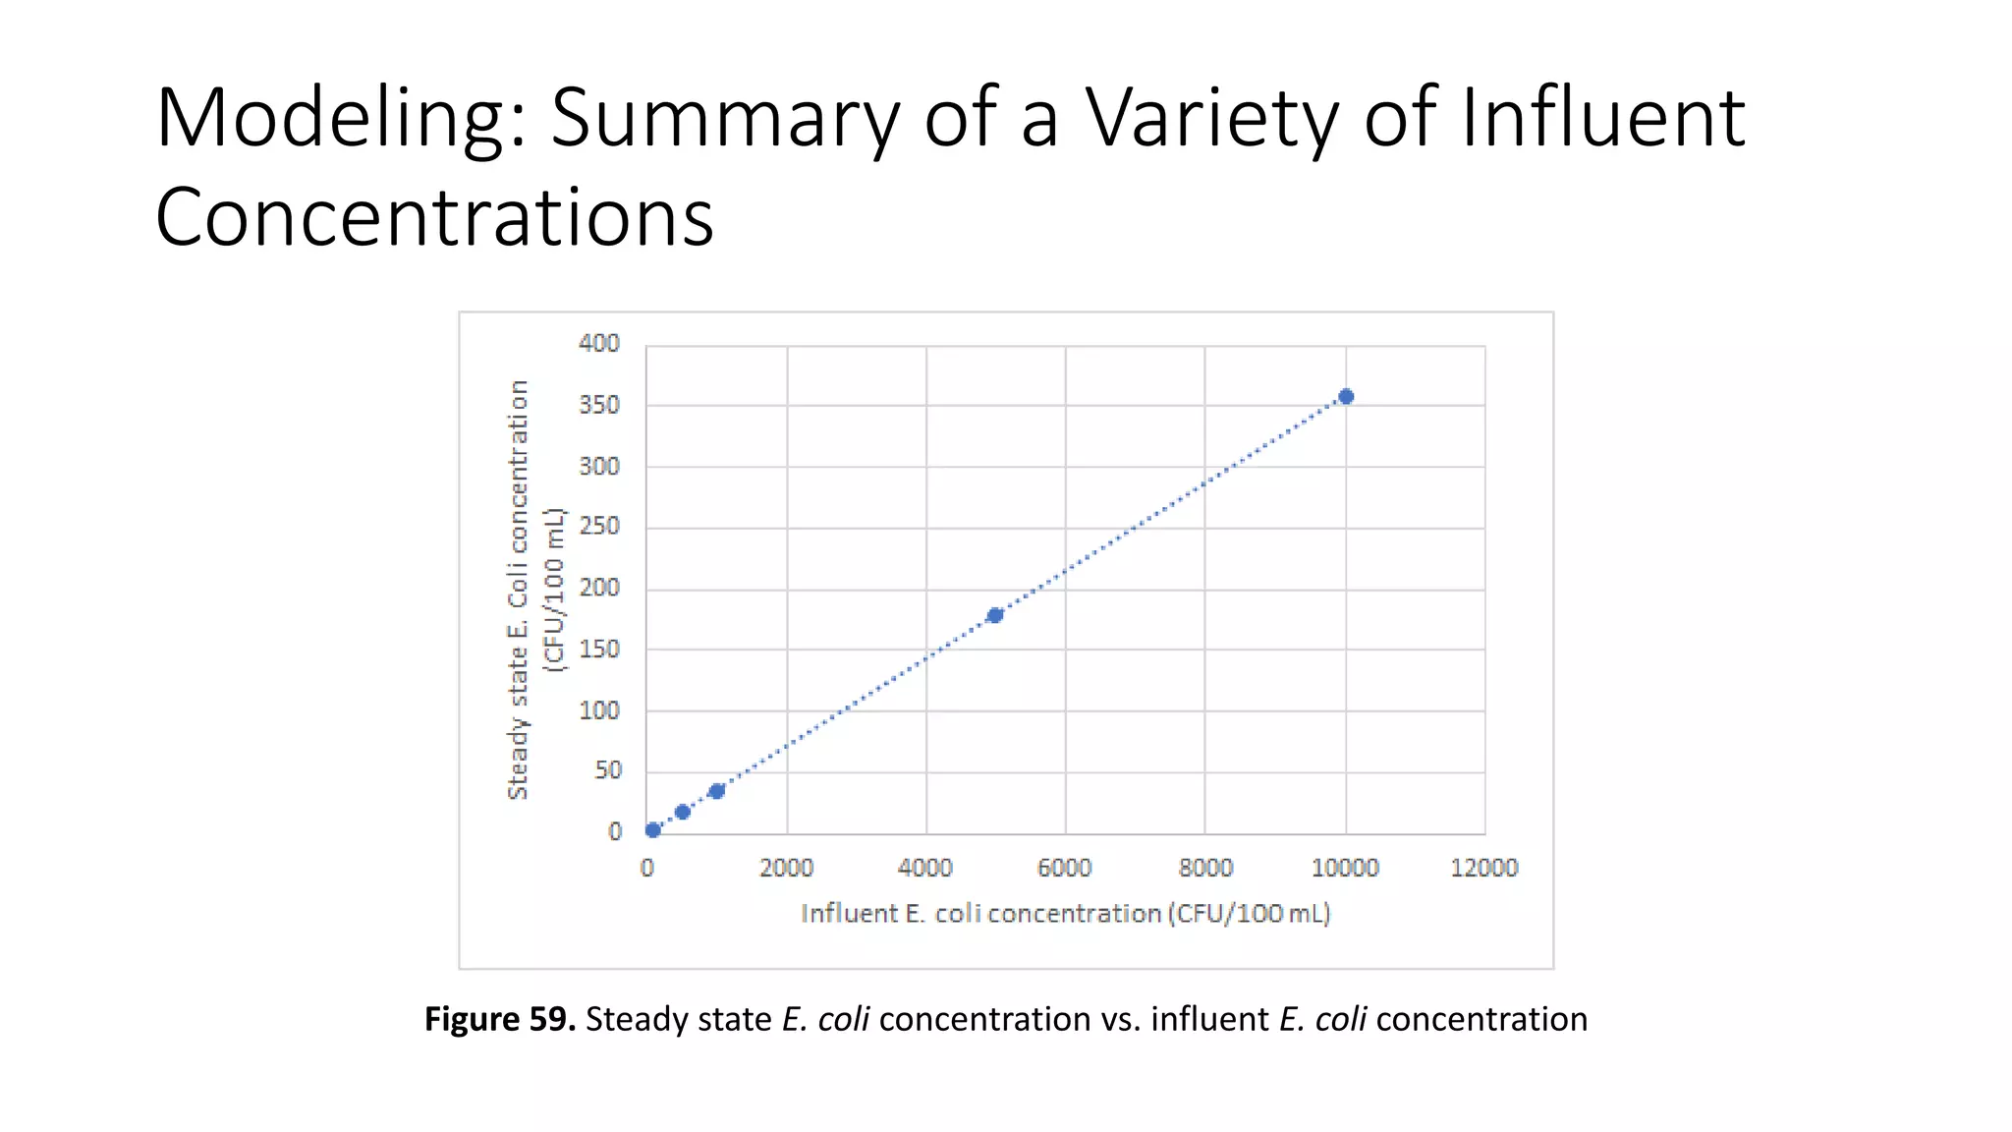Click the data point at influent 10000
(1346, 397)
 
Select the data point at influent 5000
(994, 615)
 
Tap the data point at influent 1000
(717, 791)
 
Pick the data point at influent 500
(683, 812)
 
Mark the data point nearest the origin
(653, 830)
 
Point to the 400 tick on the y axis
(599, 343)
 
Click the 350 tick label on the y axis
(599, 405)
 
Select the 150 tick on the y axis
(599, 650)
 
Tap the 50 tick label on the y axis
(608, 771)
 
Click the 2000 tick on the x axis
(786, 868)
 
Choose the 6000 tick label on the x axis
(1065, 868)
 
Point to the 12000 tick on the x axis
(1484, 868)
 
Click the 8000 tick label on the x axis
(1205, 868)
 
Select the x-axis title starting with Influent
(1065, 914)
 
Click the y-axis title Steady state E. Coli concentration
(519, 590)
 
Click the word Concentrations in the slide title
(434, 217)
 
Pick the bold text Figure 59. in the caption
(499, 1019)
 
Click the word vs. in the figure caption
(1120, 1020)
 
